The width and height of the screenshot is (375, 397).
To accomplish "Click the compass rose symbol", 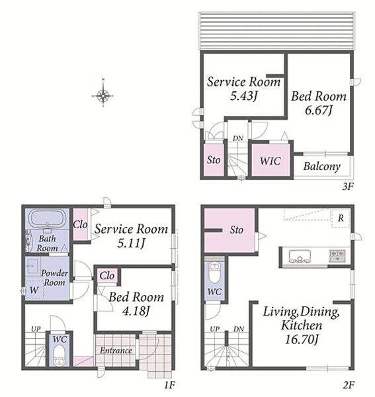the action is [x=103, y=95].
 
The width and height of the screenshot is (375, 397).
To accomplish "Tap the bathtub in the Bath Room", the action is [x=48, y=218].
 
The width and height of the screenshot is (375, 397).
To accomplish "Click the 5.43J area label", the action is [x=243, y=96].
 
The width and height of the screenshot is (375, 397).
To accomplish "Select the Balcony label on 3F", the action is [x=321, y=167].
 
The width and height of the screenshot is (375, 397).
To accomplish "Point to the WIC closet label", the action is [x=271, y=161].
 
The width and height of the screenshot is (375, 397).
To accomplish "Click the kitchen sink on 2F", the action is [x=300, y=256].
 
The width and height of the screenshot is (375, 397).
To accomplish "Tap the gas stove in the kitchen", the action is [x=337, y=255].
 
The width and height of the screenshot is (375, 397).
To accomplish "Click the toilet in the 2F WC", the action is [x=214, y=273].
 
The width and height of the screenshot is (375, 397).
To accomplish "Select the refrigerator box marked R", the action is [x=341, y=218].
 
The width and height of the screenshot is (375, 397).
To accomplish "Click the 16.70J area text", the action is [x=301, y=339].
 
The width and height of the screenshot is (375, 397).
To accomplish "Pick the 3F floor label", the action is [x=348, y=187].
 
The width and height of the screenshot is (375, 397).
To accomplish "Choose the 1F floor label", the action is [x=169, y=385].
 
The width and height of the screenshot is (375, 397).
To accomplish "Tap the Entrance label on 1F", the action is [x=116, y=351].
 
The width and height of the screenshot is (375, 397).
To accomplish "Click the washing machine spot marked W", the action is [x=34, y=290].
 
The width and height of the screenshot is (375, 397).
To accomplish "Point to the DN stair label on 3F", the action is [x=238, y=138].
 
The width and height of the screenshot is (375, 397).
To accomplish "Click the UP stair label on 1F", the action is [x=36, y=329].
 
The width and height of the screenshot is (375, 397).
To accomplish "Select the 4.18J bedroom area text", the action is [x=136, y=311].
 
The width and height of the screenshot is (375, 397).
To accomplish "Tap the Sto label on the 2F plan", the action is [x=236, y=230].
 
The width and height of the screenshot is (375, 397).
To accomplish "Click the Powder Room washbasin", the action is [x=32, y=266].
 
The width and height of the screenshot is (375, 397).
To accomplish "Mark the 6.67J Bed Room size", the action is [x=318, y=110].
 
